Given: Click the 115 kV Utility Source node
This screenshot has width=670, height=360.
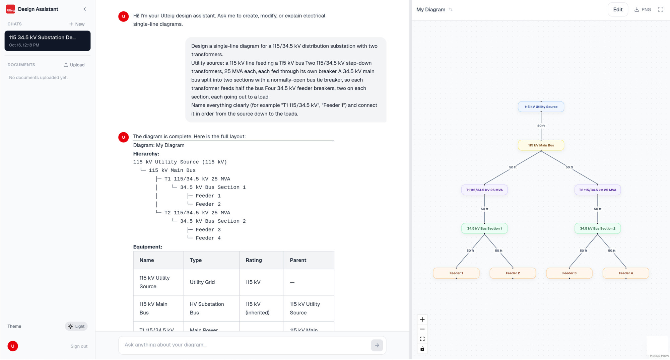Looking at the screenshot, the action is click(x=541, y=107).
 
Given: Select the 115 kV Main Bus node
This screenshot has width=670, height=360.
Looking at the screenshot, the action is click(x=541, y=145).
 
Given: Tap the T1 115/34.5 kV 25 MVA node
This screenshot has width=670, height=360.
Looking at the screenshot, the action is click(x=484, y=190).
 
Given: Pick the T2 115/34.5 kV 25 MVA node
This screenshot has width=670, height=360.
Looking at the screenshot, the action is click(x=597, y=190).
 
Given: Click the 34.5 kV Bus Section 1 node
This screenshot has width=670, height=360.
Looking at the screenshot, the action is click(x=484, y=228).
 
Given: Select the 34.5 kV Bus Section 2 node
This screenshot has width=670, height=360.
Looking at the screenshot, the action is click(x=597, y=228).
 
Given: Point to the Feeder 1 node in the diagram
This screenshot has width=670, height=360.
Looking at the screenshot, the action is click(x=456, y=273).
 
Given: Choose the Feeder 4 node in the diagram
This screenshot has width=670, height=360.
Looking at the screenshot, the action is click(x=625, y=273).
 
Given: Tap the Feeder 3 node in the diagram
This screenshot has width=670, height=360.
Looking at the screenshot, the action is click(x=569, y=273).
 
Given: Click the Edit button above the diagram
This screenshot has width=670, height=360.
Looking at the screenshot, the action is click(x=618, y=10).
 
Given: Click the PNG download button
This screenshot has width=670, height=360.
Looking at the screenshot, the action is click(x=643, y=10).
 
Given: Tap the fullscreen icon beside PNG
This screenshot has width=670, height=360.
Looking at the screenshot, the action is click(x=660, y=10).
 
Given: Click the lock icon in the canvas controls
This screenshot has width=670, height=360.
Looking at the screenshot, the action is click(x=422, y=349).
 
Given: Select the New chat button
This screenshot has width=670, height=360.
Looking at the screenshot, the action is click(x=77, y=24).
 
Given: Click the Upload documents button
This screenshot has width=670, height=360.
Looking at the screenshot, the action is click(x=74, y=65).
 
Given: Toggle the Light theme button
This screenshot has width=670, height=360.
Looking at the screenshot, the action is click(x=76, y=327).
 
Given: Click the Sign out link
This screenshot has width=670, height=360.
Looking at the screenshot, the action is click(x=79, y=346).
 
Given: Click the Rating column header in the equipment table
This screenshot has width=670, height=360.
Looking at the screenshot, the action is click(x=254, y=260).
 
